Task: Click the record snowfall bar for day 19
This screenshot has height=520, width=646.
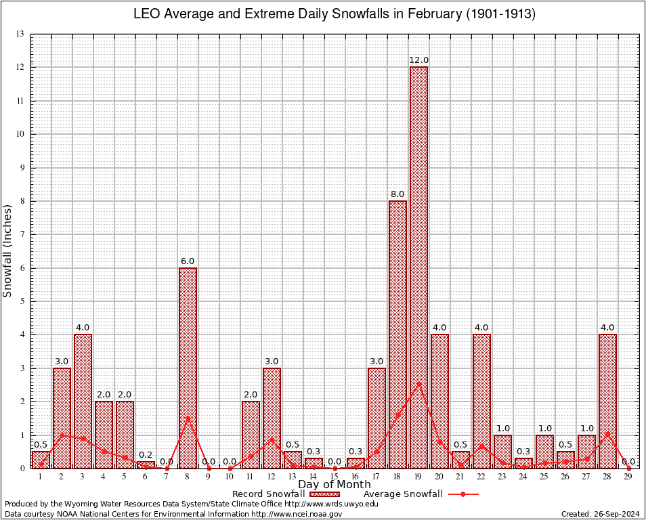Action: [418, 267]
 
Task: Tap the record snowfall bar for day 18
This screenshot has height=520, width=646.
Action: [397, 334]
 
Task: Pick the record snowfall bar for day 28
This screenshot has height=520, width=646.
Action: [607, 401]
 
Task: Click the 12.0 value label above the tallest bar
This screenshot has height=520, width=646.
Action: [418, 60]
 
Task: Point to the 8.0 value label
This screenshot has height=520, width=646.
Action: [397, 194]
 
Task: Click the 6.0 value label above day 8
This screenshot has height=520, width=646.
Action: [188, 261]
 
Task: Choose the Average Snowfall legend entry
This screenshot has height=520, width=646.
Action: [421, 494]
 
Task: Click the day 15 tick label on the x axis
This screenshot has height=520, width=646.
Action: [335, 477]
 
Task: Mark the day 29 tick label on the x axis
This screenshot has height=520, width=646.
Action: [628, 477]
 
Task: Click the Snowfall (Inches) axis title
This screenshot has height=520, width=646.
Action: [8, 251]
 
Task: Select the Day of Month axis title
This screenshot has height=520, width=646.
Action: [334, 485]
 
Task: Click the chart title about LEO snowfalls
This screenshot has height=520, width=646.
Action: [334, 14]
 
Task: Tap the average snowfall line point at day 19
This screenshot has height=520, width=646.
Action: [418, 383]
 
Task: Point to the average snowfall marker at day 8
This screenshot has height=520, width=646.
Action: [188, 417]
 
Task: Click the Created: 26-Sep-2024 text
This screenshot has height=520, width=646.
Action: [600, 514]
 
